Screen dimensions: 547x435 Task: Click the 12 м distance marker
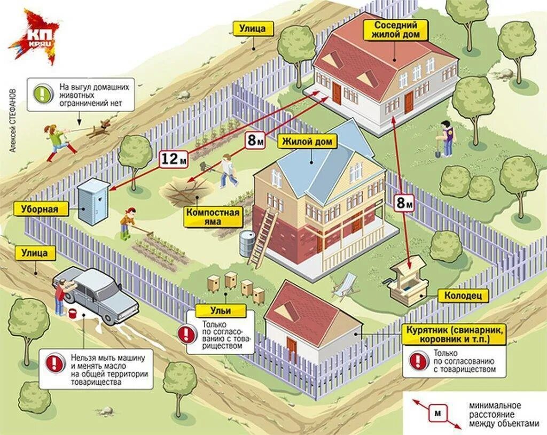[x=174, y=158]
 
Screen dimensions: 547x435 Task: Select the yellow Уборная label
[x=41, y=208]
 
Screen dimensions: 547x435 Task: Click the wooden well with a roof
[x=409, y=282]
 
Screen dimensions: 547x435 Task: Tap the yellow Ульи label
[x=221, y=310]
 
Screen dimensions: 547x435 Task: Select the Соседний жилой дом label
[x=396, y=30]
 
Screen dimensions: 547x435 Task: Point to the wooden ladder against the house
[x=264, y=237]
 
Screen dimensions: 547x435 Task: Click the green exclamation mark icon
[x=42, y=93]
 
